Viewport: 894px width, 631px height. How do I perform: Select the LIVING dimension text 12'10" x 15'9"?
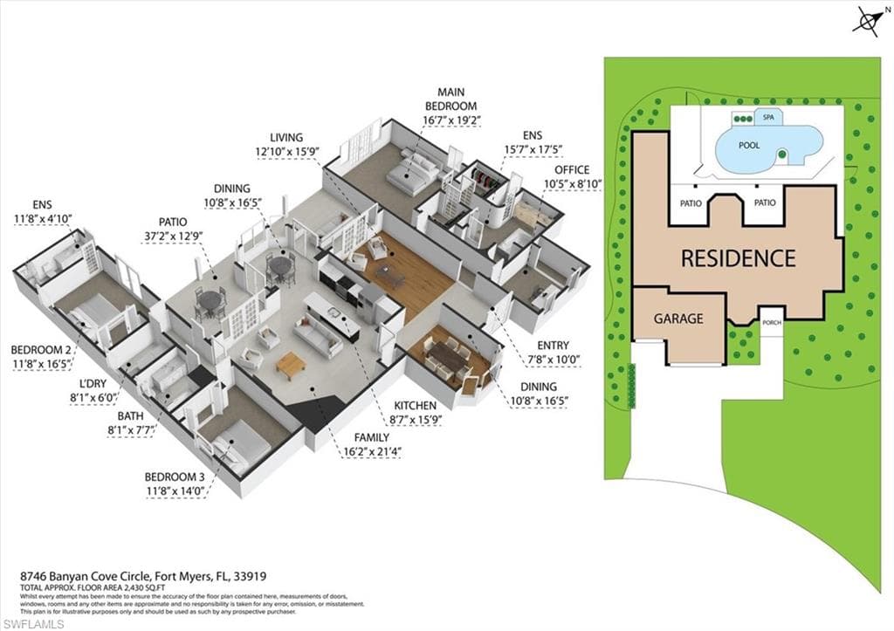coord(287,151)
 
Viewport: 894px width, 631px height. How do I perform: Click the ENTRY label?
coord(552,346)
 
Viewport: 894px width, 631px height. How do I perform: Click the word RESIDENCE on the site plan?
coord(738,258)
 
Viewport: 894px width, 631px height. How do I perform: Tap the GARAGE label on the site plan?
coord(678,319)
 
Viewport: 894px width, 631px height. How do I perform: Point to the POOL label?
coord(749,145)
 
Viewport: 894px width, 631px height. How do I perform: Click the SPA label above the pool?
coord(768,116)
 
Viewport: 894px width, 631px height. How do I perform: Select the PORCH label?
coord(771,322)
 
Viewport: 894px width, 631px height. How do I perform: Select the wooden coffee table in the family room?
coord(290,362)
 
